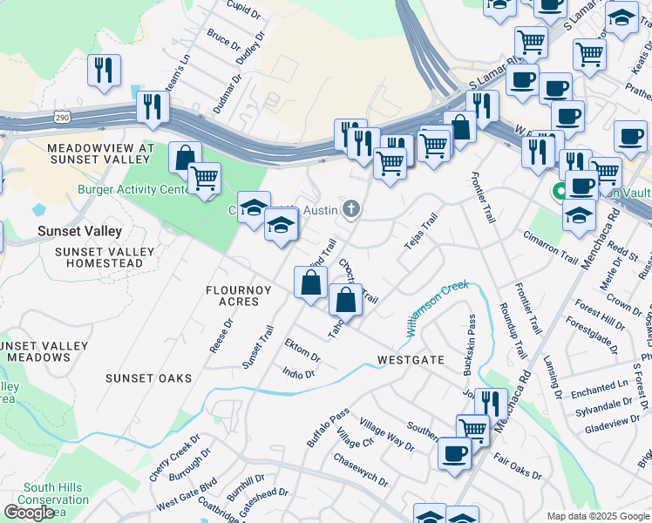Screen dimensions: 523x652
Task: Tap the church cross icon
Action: [x=351, y=207]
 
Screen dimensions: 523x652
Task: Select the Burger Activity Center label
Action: [x=133, y=189]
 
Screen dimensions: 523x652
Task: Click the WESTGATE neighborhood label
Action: [x=411, y=359]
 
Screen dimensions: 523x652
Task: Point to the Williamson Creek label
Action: [x=436, y=308]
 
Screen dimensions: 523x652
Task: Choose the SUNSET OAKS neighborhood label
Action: [x=142, y=377]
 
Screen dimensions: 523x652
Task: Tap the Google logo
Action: [x=29, y=512]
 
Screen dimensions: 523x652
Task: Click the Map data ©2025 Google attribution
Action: [x=597, y=516]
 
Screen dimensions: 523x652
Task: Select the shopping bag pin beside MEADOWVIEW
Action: [x=185, y=158]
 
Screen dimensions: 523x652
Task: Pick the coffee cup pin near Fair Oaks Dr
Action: [x=454, y=453]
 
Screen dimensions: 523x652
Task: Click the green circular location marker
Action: [x=558, y=192]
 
